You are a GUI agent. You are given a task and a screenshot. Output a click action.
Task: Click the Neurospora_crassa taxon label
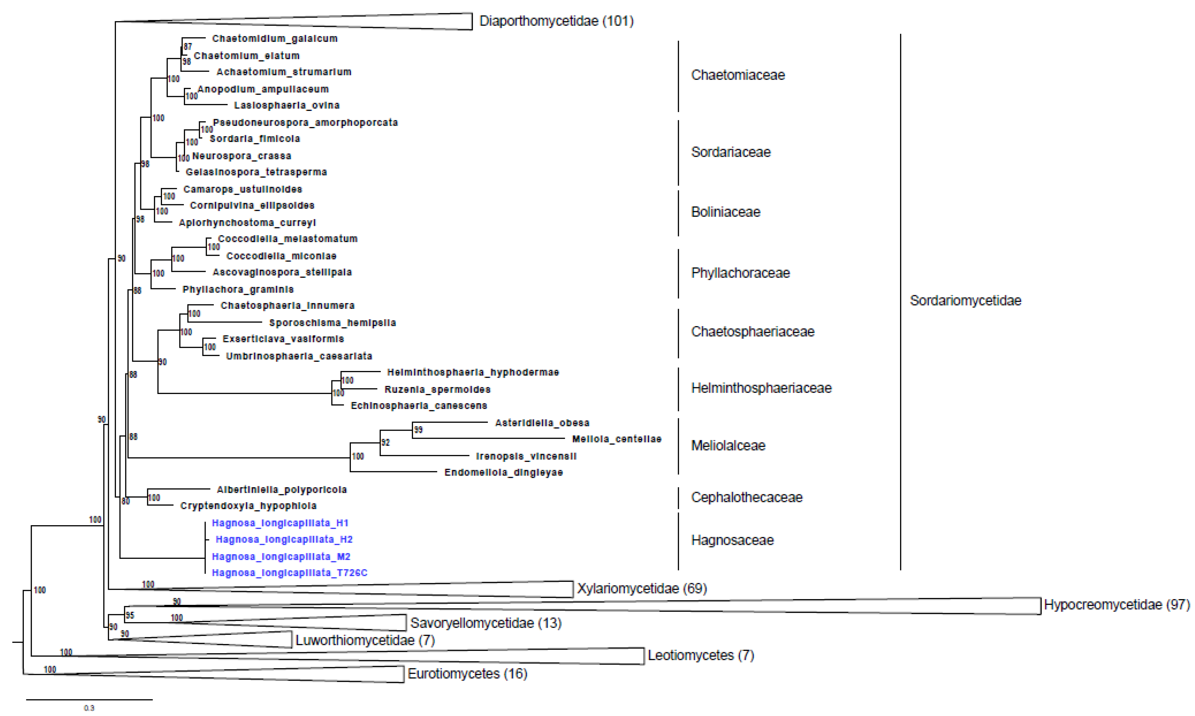coord(241,156)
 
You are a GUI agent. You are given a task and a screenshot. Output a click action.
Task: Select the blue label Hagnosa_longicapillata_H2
coord(284,539)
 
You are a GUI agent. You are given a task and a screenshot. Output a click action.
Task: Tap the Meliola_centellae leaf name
coord(617,439)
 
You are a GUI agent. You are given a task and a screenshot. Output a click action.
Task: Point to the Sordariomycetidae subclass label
coord(965,301)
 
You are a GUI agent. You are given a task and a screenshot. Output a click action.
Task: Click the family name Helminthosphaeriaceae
coord(761,388)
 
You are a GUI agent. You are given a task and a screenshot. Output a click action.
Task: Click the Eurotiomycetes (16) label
coord(467,674)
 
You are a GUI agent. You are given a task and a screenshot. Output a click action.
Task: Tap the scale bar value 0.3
coord(89,708)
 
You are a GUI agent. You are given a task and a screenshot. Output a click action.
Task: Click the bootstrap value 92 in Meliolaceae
coord(385,442)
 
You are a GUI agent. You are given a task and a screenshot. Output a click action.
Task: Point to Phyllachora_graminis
coord(238,289)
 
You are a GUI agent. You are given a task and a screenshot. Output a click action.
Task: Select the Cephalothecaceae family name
coord(746,498)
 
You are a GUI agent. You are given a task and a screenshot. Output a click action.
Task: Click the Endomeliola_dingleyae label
coord(503,472)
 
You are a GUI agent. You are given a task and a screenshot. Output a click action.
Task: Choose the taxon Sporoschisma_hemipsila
coord(332,323)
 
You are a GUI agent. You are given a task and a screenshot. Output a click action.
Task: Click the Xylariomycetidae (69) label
coord(642,589)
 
